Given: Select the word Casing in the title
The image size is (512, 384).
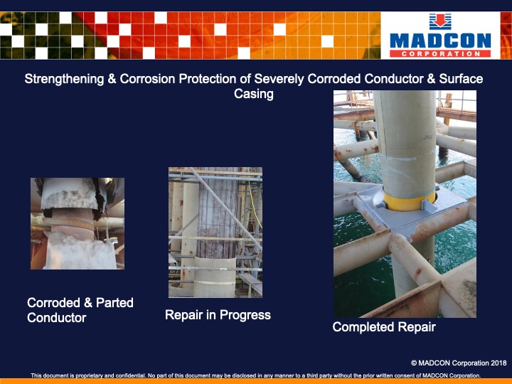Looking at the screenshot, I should [x=254, y=94].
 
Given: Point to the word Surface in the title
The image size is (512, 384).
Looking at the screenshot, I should [x=459, y=79].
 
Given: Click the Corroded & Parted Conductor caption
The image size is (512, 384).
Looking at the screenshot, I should [x=80, y=310].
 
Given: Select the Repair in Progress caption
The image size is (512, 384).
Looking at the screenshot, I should [x=218, y=314].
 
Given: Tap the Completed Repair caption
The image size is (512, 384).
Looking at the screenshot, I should [x=384, y=327].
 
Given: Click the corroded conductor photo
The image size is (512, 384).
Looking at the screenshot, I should [x=78, y=223].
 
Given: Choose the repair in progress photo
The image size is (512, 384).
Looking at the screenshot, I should [x=215, y=232].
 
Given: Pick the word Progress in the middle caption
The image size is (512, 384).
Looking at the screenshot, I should [x=245, y=314].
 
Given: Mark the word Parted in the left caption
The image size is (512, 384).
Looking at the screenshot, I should [x=111, y=303].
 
